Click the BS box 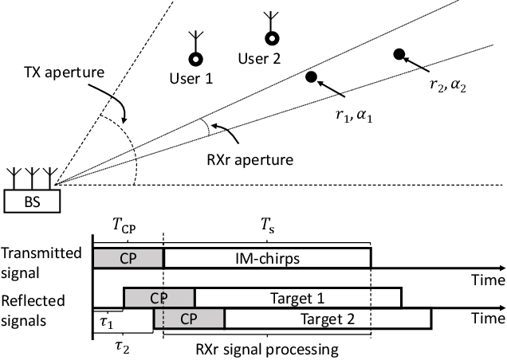[x=33, y=202]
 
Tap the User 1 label [x=194, y=77]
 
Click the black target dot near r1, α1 [x=312, y=76]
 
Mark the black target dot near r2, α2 [x=399, y=54]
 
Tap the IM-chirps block [x=267, y=257]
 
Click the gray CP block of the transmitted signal [x=128, y=257]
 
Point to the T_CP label [x=127, y=228]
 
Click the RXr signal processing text [x=267, y=349]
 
